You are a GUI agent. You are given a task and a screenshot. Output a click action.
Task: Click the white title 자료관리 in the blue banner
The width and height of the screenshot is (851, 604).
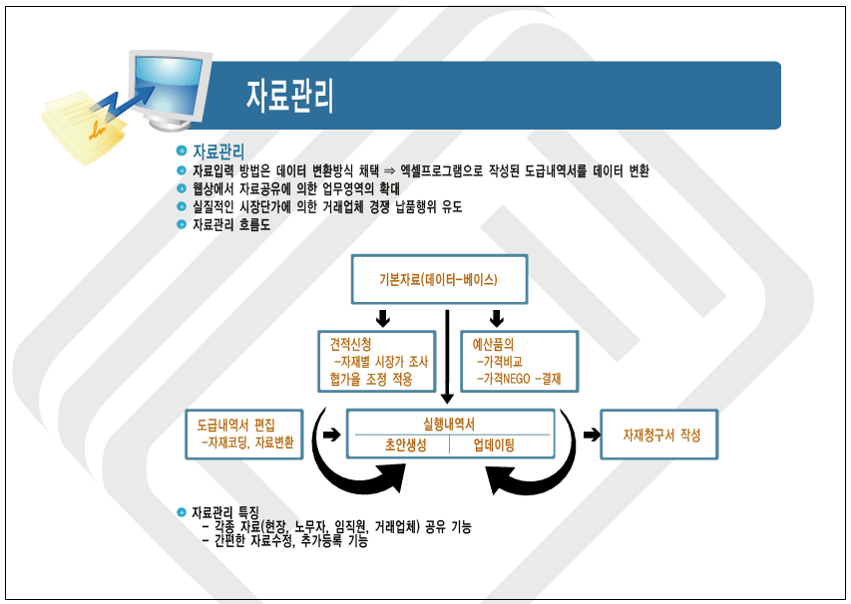289,96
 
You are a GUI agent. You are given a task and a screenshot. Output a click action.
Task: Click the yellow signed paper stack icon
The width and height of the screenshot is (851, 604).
84,128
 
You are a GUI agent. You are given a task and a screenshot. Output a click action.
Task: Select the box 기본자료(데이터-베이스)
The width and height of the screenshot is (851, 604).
439,279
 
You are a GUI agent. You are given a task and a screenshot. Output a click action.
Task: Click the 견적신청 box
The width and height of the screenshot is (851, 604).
377,361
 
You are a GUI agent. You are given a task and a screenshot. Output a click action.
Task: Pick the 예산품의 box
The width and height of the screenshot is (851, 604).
520,361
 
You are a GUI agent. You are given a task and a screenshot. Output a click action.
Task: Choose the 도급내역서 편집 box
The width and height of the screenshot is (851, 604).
244,435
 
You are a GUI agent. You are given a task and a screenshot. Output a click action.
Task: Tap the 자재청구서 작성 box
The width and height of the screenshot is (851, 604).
658,435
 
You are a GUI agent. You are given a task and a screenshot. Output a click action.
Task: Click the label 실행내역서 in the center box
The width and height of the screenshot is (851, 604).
449,424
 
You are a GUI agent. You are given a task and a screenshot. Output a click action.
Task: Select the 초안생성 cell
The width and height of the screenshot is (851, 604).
405,446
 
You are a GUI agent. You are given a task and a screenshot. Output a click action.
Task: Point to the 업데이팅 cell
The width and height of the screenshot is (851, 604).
494,446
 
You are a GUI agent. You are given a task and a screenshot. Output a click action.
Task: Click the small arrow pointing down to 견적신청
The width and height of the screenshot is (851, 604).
383,318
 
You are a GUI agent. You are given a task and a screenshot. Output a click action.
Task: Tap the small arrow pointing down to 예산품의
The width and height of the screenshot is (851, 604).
496,318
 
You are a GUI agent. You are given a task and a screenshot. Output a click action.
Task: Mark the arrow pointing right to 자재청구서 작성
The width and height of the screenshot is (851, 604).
592,435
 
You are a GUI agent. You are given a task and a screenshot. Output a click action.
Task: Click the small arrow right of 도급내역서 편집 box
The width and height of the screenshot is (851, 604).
331,435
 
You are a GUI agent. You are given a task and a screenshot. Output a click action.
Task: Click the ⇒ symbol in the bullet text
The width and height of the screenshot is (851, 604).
389,171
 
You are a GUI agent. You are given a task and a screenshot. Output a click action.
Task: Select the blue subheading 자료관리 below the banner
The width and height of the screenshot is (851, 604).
218,151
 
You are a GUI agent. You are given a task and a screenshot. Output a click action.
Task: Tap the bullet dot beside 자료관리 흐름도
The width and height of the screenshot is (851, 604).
182,224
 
